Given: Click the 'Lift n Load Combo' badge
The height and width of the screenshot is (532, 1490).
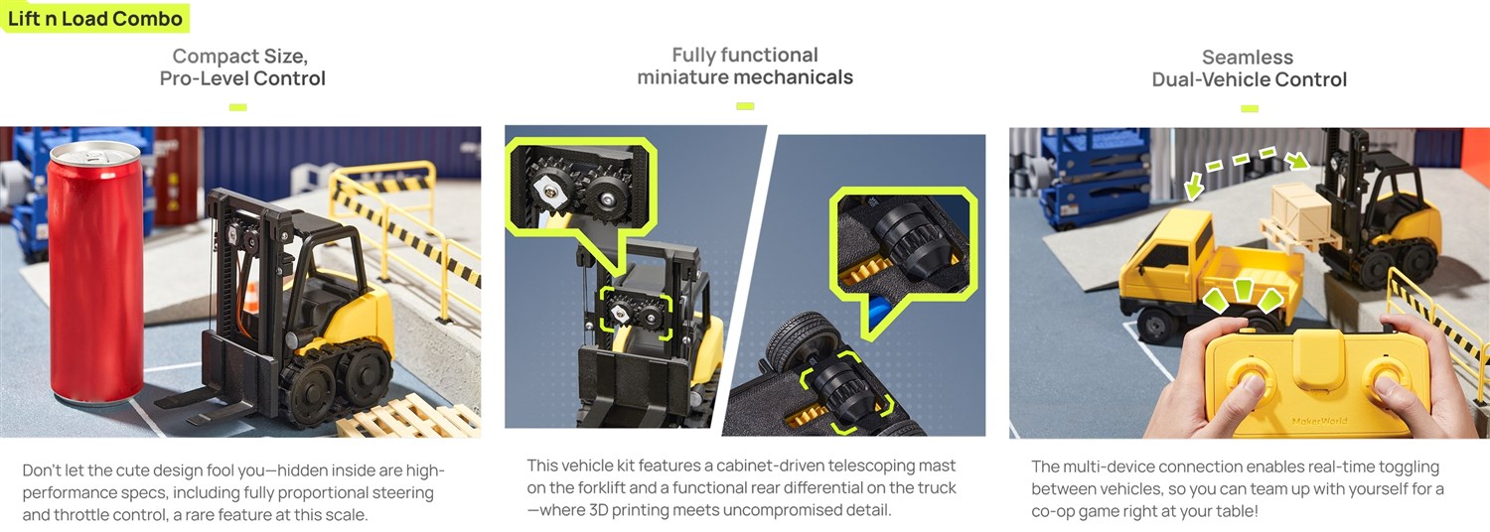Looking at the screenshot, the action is click(x=94, y=18).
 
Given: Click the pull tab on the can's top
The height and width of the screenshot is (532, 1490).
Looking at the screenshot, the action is click(x=93, y=155).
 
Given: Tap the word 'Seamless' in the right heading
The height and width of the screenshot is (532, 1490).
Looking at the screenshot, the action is click(x=1248, y=58).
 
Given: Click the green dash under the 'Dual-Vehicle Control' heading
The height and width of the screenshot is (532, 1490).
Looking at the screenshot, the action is click(x=1250, y=108).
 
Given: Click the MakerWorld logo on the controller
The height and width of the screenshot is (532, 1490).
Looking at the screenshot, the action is click(x=1319, y=421).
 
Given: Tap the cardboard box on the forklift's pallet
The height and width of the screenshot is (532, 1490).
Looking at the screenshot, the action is click(x=1301, y=211).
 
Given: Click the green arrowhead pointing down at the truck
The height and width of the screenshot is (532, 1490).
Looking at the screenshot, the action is click(x=1194, y=187).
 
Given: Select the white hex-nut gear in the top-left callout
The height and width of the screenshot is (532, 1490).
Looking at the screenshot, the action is click(x=550, y=192).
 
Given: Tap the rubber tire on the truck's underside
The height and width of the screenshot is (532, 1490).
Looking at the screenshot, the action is click(x=797, y=345).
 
